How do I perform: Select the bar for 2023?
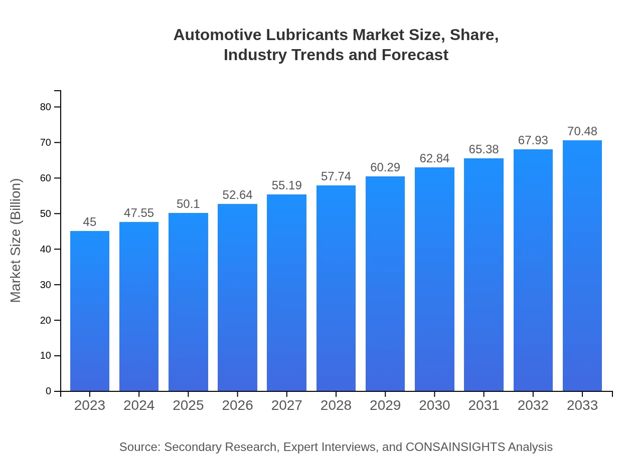pos(90,311)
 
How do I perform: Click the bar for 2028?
pos(336,288)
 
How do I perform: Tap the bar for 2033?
pos(582,266)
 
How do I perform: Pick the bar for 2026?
pos(237,297)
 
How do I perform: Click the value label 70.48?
pos(582,132)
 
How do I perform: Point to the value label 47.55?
pos(139,213)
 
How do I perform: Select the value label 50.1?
pos(188,204)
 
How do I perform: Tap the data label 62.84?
pos(434,159)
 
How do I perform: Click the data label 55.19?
pos(286,186)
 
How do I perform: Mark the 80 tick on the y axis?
pos(46,107)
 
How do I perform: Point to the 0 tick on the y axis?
pos(49,391)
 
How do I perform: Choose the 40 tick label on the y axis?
pos(46,249)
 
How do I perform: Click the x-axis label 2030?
pos(434,405)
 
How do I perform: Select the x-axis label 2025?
pos(188,405)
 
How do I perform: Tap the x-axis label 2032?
pos(533,405)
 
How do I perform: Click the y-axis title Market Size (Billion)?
pos(16,241)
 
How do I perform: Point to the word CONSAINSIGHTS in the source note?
pos(454,447)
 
